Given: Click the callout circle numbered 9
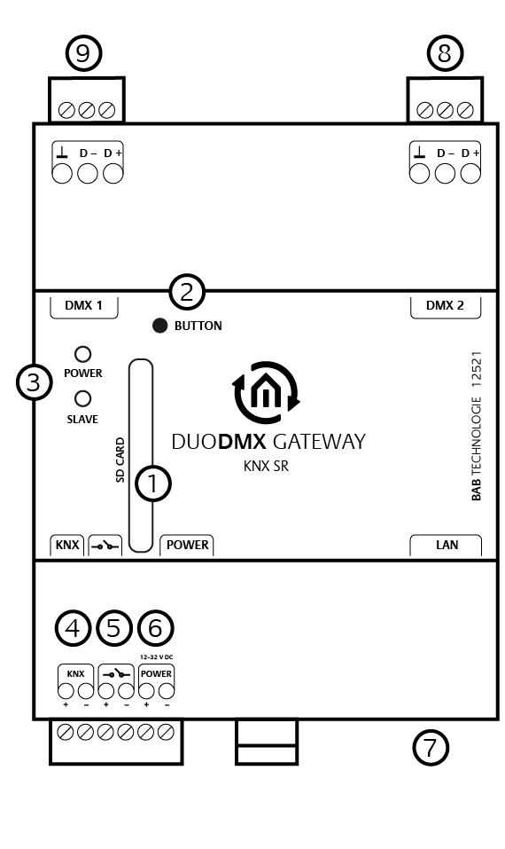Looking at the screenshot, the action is click(83, 53).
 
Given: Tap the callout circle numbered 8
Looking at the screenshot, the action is click(445, 53).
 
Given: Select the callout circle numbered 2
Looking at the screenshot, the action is click(187, 292).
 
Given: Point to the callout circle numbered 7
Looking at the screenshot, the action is click(431, 748).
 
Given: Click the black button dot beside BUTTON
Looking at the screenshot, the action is click(160, 326).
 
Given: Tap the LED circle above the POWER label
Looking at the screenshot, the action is click(82, 354).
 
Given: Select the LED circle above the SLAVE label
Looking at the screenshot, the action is click(82, 398).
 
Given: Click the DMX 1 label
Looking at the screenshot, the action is click(83, 305).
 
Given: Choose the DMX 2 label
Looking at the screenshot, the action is click(445, 305).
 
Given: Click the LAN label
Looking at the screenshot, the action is click(447, 545).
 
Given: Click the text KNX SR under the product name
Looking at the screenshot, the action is click(266, 466).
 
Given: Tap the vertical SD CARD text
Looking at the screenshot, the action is click(120, 460).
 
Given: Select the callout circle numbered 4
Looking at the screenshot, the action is click(73, 628).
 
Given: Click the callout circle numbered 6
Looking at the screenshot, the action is click(156, 628).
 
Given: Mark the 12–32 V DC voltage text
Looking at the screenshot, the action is click(156, 656).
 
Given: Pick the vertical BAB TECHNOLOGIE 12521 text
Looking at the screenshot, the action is click(476, 426).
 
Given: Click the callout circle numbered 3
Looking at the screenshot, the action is click(34, 382).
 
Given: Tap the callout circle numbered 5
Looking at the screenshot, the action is click(114, 628).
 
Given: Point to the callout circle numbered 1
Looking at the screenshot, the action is click(152, 483).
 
